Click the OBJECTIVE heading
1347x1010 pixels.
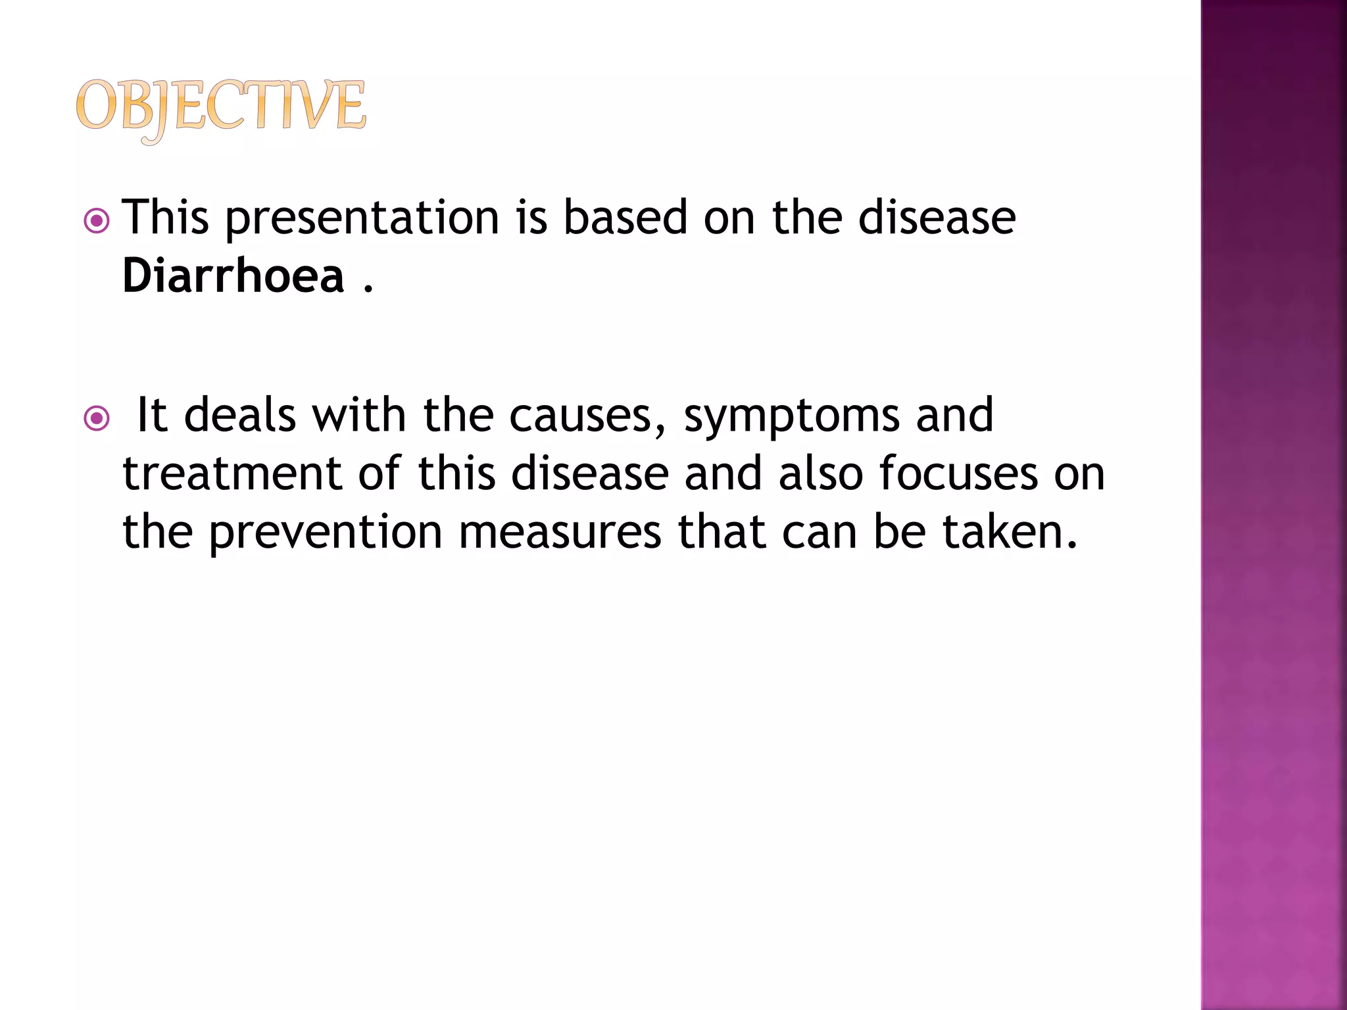(x=220, y=108)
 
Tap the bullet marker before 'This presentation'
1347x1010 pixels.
(x=97, y=221)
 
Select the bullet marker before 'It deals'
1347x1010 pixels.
(x=97, y=418)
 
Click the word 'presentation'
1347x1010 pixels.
(x=362, y=218)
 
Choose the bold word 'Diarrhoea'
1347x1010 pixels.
(x=233, y=276)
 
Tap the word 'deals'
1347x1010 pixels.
(x=240, y=416)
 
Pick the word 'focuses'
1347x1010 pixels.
(x=958, y=473)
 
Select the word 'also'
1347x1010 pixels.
(x=820, y=473)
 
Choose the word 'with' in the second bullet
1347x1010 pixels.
(x=359, y=416)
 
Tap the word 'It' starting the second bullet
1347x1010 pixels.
(x=151, y=416)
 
